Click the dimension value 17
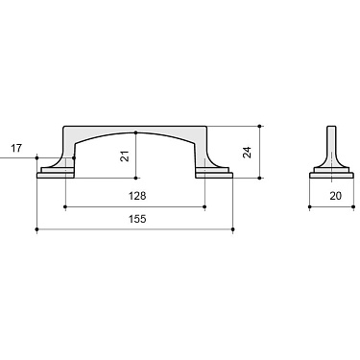tap(15, 148)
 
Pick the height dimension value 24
tap(249, 152)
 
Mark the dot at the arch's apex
tap(136, 132)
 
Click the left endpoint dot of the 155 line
tap(36, 230)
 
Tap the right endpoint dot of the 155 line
tap(234, 230)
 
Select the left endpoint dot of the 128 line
tap(65, 206)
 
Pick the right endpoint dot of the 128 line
tap(205, 206)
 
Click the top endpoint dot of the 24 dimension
tap(260, 126)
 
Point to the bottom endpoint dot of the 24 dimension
tap(260, 178)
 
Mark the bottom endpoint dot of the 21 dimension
tap(136, 178)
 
